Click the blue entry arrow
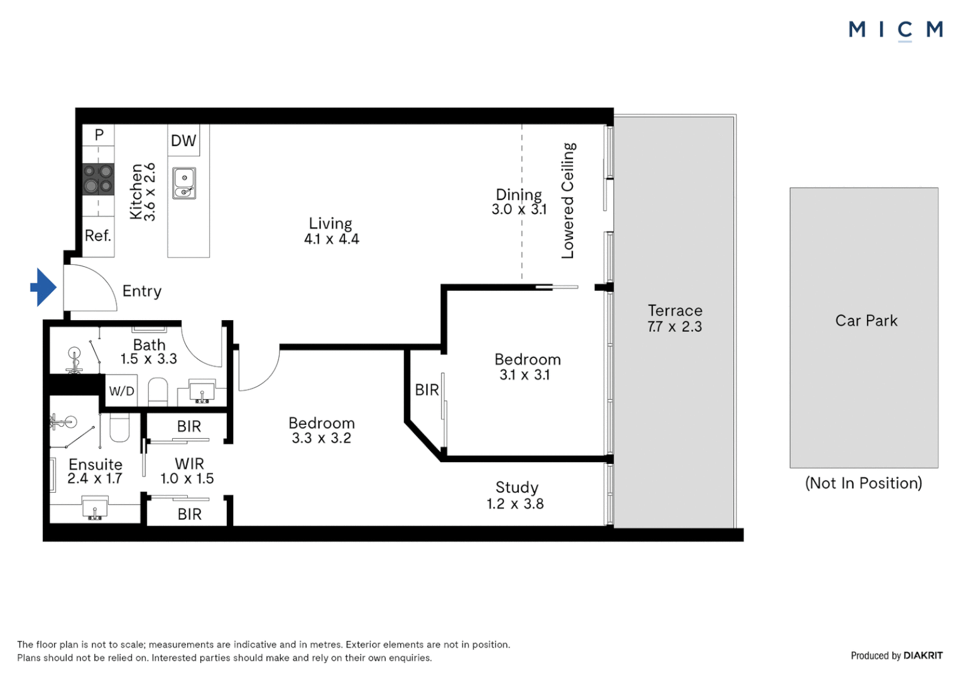point(43,288)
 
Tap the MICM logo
point(895,30)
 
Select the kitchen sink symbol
point(184,183)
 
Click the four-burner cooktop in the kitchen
point(99,179)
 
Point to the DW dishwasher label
point(183,141)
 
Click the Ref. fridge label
point(98,235)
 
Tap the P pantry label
point(99,134)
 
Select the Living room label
point(330,223)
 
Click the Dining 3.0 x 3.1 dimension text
point(519,210)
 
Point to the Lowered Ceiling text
point(568,200)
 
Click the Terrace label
point(675,311)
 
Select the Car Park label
point(866,321)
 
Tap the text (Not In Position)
point(863,483)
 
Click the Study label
point(516,488)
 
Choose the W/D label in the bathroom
point(121,391)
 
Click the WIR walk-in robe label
point(189,464)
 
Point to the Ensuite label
point(95,465)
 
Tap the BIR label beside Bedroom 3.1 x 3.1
point(427,390)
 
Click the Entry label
point(142,291)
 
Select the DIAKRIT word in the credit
point(923,655)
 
